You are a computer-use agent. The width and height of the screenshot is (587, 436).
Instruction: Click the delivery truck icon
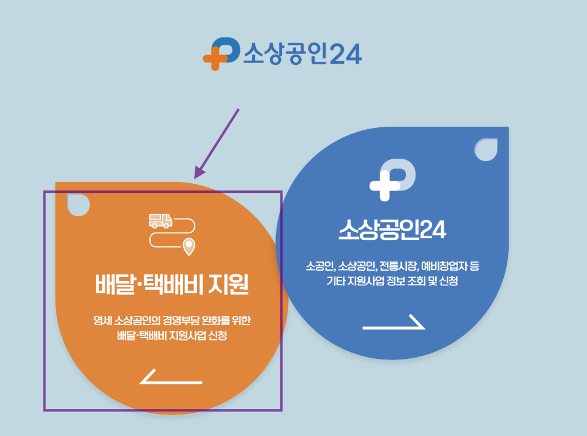160,220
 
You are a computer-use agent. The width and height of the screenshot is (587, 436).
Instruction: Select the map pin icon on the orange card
190,247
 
